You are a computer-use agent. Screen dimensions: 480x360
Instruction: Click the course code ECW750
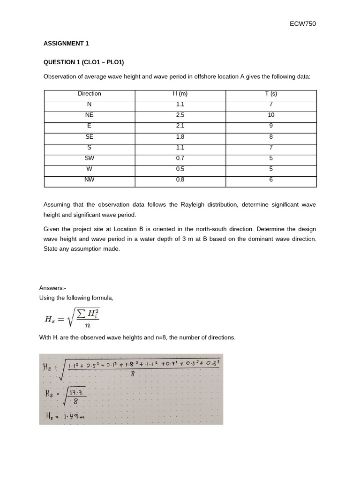(x=303, y=24)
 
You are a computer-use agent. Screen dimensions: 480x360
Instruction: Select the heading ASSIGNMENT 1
(x=66, y=44)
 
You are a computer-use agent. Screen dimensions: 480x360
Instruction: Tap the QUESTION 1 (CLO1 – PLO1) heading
(x=83, y=62)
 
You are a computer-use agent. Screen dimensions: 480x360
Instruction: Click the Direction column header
(x=90, y=94)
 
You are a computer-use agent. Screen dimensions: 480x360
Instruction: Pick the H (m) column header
(x=180, y=94)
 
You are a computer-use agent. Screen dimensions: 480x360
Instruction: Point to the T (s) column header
(x=271, y=94)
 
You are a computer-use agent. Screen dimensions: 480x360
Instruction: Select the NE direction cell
(x=90, y=115)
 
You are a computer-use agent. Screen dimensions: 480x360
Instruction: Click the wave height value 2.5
(x=180, y=115)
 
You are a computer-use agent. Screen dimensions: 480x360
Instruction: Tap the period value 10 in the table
(x=271, y=115)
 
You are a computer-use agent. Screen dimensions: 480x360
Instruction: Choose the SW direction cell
(x=90, y=158)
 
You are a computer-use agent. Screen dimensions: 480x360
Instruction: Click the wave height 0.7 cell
(x=180, y=158)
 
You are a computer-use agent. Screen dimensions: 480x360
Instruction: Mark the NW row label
(x=90, y=180)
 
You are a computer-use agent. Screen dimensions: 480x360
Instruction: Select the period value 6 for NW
(x=271, y=180)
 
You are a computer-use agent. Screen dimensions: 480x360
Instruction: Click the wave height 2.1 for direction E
(x=180, y=126)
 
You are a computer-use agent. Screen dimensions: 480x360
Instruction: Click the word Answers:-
(x=52, y=288)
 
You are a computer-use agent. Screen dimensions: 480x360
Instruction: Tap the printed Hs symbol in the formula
(x=49, y=319)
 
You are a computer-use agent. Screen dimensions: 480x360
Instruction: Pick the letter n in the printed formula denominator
(x=86, y=330)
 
